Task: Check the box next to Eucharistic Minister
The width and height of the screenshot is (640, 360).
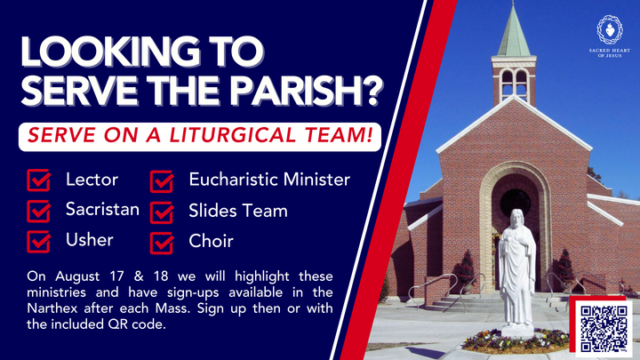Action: pyautogui.click(x=162, y=181)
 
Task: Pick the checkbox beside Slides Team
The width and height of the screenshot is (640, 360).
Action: pyautogui.click(x=162, y=212)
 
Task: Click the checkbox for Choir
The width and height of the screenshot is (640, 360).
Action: pyautogui.click(x=162, y=241)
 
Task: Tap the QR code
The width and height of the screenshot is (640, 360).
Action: pyautogui.click(x=604, y=326)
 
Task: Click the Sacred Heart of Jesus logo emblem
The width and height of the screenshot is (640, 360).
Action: pyautogui.click(x=609, y=29)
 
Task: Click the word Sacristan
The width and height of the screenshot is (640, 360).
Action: pyautogui.click(x=102, y=210)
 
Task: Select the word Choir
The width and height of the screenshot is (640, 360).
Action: pyautogui.click(x=211, y=240)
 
